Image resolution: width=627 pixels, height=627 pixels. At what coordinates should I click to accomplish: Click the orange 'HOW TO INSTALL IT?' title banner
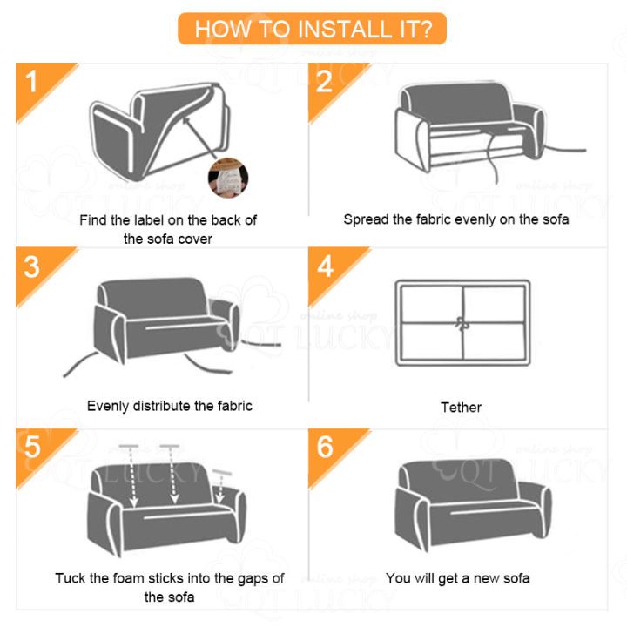pyautogui.click(x=312, y=29)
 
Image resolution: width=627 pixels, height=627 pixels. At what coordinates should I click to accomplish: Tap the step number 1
pyautogui.click(x=31, y=81)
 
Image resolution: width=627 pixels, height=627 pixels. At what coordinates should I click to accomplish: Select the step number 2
pyautogui.click(x=324, y=81)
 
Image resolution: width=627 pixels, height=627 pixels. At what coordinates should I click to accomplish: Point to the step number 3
pyautogui.click(x=31, y=266)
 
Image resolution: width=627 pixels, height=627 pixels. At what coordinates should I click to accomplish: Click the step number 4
pyautogui.click(x=325, y=266)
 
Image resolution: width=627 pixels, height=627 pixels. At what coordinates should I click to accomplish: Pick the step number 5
pyautogui.click(x=32, y=447)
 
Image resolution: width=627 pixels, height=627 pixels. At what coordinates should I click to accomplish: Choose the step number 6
pyautogui.click(x=325, y=447)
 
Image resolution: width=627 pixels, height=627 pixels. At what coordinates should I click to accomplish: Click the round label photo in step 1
pyautogui.click(x=228, y=178)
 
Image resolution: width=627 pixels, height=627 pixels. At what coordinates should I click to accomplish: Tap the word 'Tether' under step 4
pyautogui.click(x=461, y=407)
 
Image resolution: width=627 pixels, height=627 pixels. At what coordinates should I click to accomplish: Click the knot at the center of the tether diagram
pyautogui.click(x=462, y=324)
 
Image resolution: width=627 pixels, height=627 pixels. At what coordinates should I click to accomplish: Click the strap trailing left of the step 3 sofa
pyautogui.click(x=80, y=364)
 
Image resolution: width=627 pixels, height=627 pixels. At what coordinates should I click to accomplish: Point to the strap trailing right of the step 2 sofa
pyautogui.click(x=565, y=150)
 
